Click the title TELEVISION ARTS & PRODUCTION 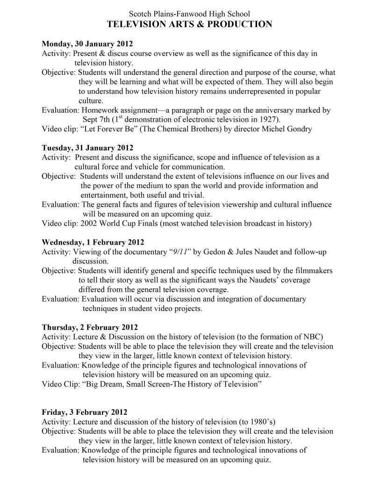point(189,24)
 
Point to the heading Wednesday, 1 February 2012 point(93,243)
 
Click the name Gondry point(298,129)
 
